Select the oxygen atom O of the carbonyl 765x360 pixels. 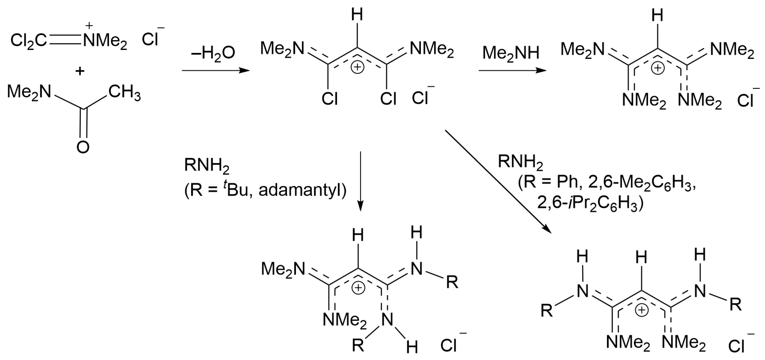83,147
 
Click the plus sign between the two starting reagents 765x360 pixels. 80,71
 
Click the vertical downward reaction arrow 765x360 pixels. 360,181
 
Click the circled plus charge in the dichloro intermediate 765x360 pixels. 358,68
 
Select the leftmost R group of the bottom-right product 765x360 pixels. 547,311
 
